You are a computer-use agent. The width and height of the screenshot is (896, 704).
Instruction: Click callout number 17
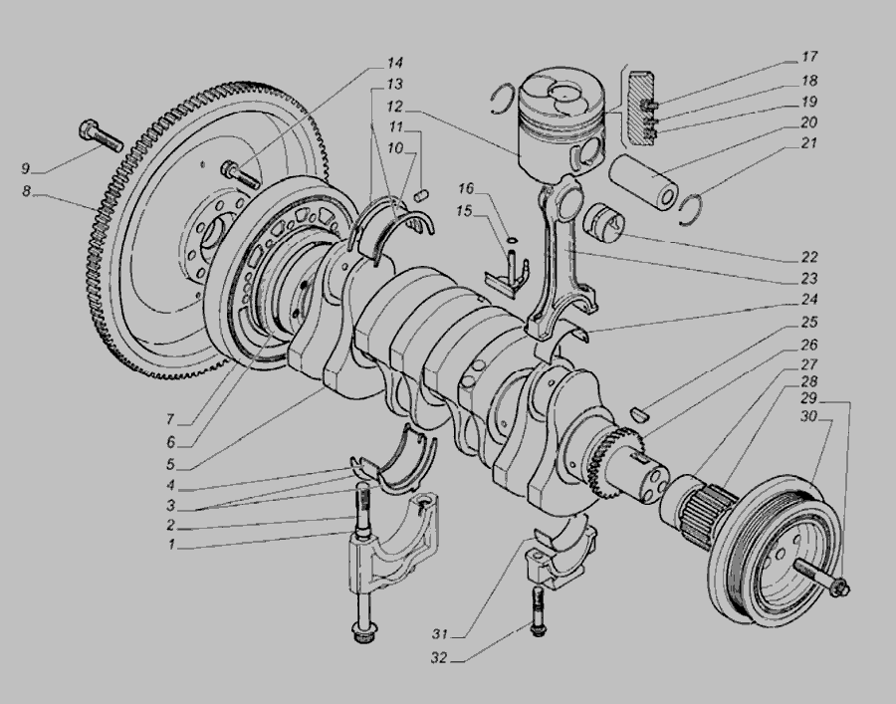(809, 57)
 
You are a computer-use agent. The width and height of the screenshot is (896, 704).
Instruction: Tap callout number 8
(26, 191)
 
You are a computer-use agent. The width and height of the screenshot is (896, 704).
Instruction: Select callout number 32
(439, 658)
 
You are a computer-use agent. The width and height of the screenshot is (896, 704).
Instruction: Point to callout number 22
(809, 257)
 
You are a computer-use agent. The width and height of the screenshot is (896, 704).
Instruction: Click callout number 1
(171, 545)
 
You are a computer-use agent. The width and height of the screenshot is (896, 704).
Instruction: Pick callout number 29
(808, 398)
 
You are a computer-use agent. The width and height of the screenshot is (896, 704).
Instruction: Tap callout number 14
(395, 63)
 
